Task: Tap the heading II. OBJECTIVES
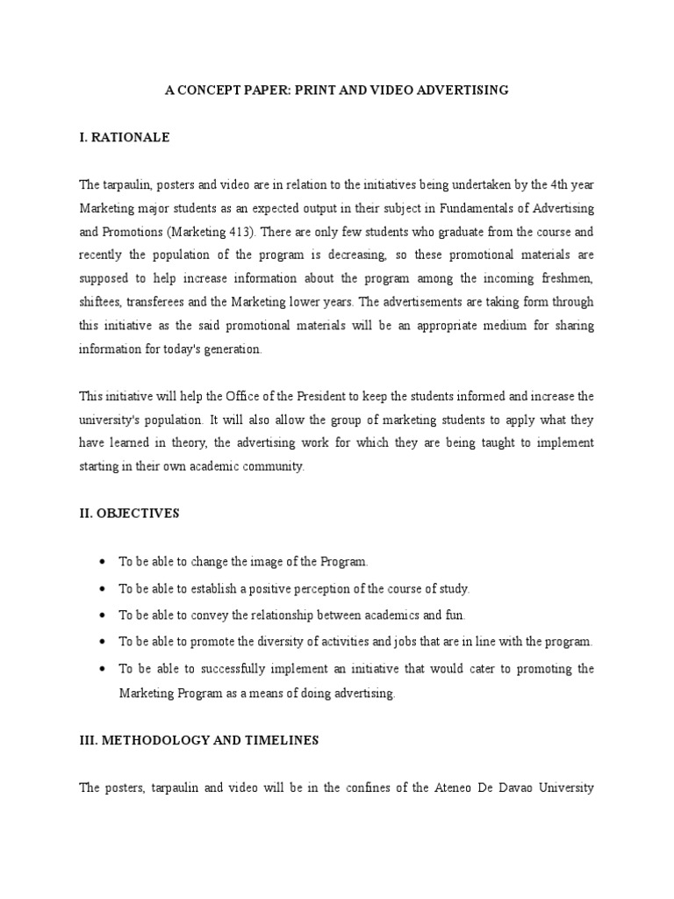(129, 514)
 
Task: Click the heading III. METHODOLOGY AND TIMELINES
(198, 740)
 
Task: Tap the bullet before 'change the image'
(104, 562)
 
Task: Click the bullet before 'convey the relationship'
(104, 615)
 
